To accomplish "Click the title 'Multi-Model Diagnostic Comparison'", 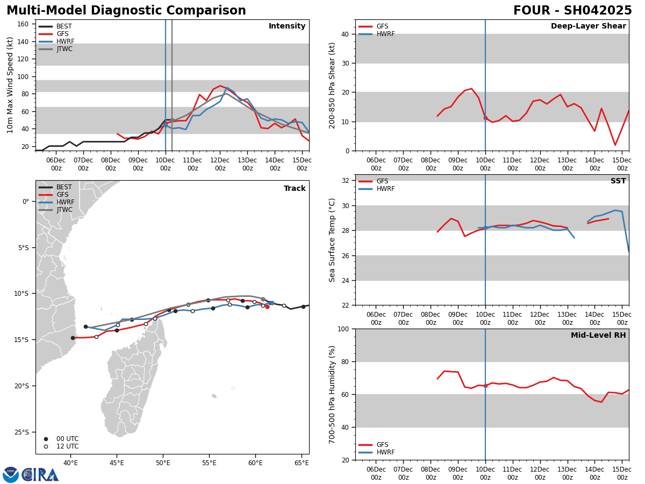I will click(126, 11).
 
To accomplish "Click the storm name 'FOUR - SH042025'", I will click(572, 11).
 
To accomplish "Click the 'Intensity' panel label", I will click(287, 26).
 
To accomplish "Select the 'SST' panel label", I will click(618, 181).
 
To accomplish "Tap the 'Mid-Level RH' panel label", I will click(598, 336).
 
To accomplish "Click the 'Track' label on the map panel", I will click(295, 189).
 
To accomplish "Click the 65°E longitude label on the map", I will click(302, 462).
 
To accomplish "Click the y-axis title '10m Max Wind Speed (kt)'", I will click(11, 85).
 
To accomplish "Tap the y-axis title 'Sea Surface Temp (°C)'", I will click(332, 240).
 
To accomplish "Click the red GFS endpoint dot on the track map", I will click(267, 307).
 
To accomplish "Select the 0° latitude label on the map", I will click(26, 202).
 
